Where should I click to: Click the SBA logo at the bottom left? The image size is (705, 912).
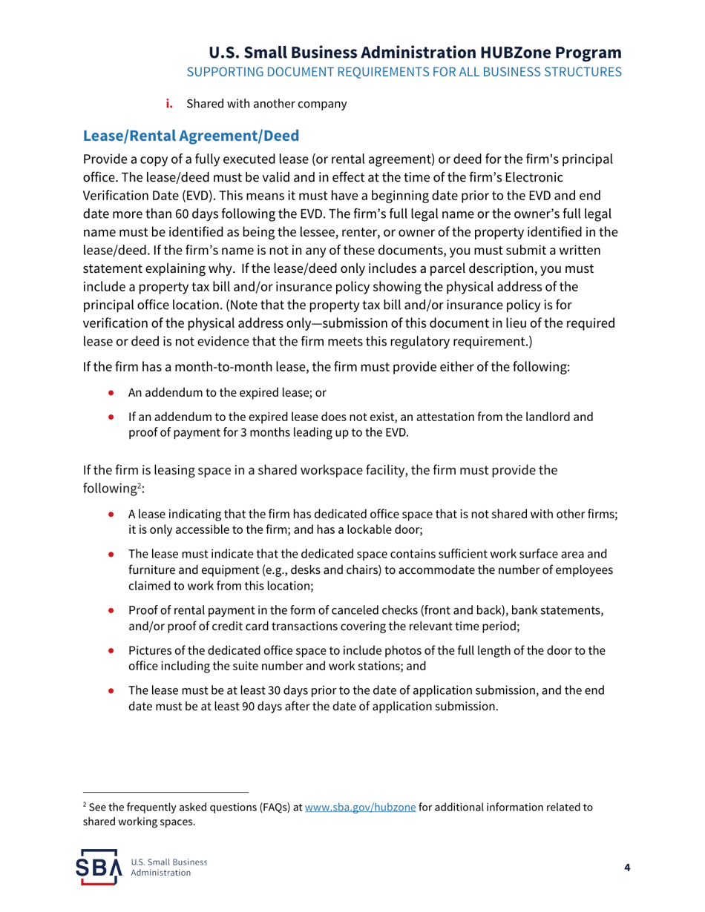coord(103,868)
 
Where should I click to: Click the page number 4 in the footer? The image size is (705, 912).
coord(627,868)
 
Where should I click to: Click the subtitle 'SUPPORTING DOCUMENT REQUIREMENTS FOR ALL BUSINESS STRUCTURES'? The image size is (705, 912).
coord(404,73)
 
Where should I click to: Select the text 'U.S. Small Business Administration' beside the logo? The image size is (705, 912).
coord(168,868)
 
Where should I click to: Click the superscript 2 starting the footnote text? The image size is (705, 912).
coord(85,806)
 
